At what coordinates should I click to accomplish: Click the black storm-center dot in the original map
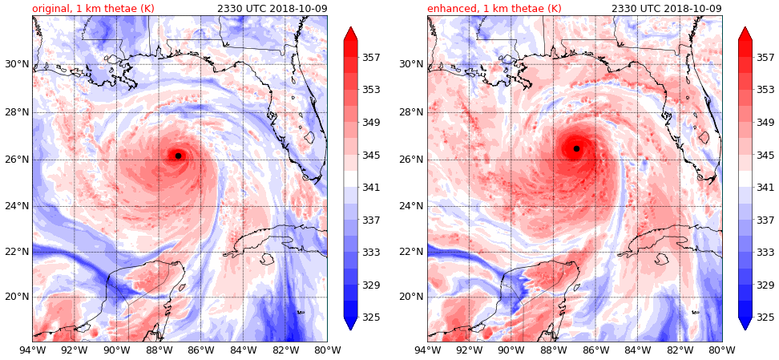click(x=178, y=156)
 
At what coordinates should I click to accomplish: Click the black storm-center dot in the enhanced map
click(x=576, y=148)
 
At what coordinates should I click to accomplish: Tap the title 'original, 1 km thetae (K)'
click(x=93, y=8)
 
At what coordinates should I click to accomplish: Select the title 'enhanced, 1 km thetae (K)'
click(x=491, y=8)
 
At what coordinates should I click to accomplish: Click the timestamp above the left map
click(x=272, y=8)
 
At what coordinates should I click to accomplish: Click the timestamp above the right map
click(x=666, y=8)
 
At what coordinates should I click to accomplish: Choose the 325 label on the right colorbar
click(x=765, y=317)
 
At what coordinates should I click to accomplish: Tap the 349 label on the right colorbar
click(x=765, y=123)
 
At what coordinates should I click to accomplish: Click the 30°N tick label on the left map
click(x=15, y=64)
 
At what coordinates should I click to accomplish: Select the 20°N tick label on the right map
click(x=410, y=297)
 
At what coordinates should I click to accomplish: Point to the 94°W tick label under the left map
click(x=32, y=349)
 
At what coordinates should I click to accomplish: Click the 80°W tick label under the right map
click(x=721, y=349)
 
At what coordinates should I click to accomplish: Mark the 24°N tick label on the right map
click(x=410, y=206)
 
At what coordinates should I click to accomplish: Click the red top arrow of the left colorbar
click(x=350, y=34)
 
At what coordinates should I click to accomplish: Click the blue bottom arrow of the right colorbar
click(x=745, y=323)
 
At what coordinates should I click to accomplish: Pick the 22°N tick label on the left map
click(x=15, y=252)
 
